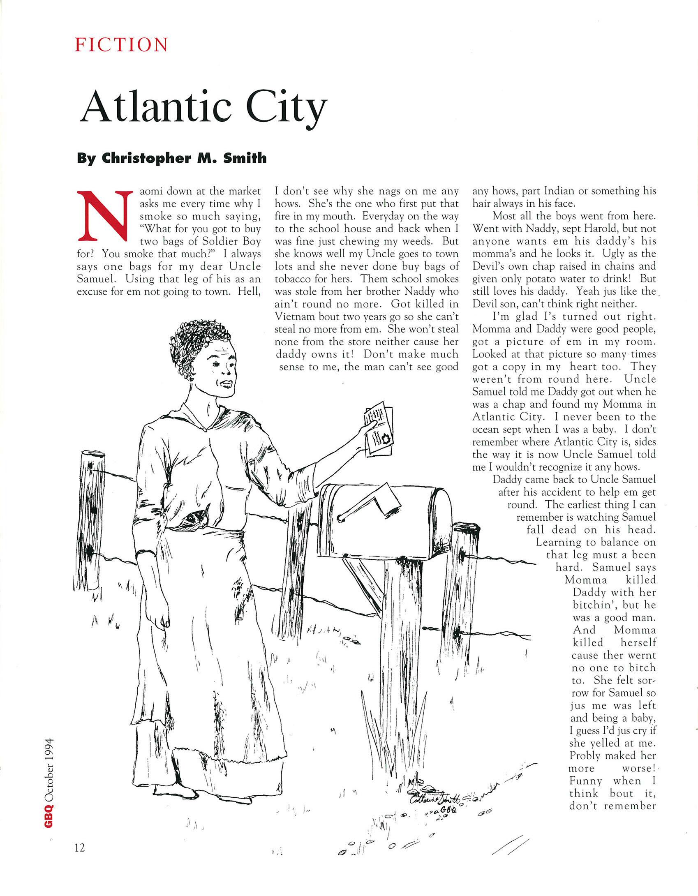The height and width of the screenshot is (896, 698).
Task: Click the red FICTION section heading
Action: point(121,45)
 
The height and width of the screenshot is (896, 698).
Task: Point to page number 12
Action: point(80,848)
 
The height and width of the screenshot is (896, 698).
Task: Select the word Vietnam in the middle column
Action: point(294,317)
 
